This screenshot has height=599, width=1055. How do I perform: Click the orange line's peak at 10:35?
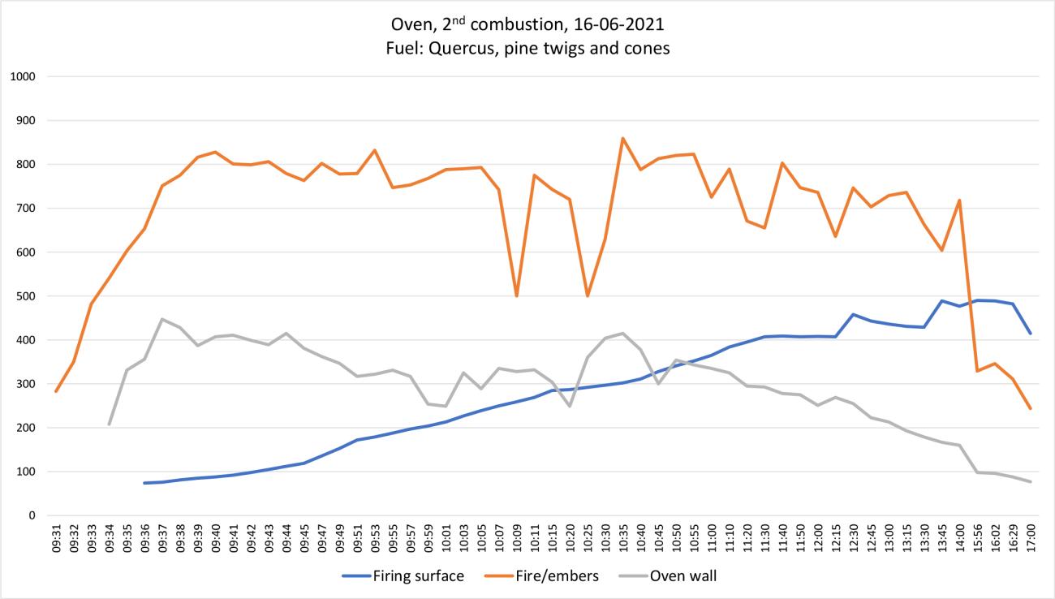point(622,138)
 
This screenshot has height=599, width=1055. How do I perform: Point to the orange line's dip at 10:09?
point(516,296)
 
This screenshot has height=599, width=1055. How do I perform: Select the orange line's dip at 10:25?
point(587,296)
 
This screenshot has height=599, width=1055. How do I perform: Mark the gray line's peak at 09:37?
point(162,319)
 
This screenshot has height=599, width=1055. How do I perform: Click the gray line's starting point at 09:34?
point(109,424)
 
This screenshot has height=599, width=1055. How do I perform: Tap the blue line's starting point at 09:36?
point(144,483)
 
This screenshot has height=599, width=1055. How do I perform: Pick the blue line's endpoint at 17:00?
point(1030,334)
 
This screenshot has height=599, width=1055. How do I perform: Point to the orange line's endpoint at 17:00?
point(1030,408)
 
